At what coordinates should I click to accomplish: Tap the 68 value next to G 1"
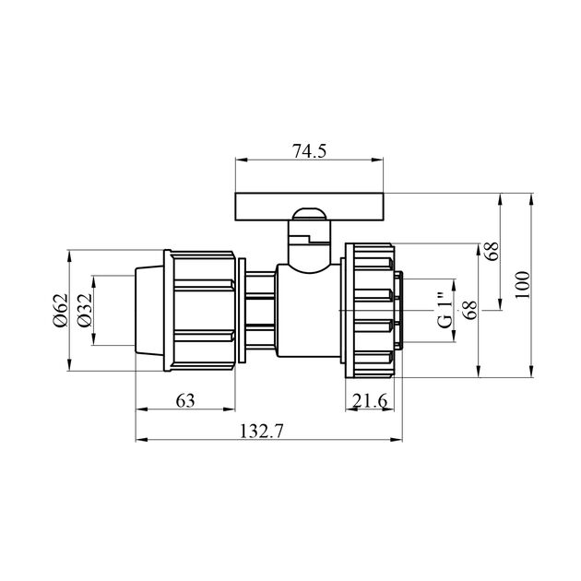click(469, 310)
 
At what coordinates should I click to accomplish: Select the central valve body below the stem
click(307, 314)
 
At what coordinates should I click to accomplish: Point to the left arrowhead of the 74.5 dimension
click(239, 160)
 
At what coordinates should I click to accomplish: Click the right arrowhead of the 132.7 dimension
click(401, 439)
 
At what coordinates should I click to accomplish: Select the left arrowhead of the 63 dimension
click(139, 409)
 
